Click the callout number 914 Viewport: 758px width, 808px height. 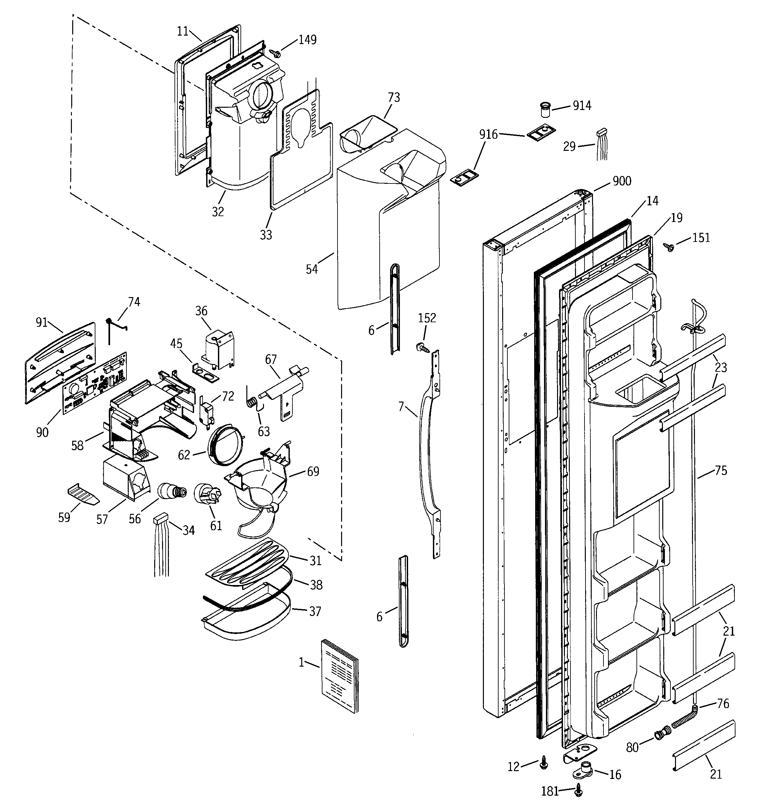tap(582, 106)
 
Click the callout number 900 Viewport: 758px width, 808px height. tap(622, 181)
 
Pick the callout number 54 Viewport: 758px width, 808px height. tap(312, 269)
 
